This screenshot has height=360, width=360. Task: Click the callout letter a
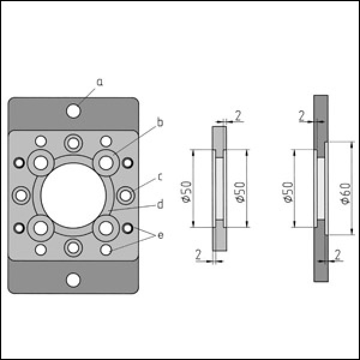(x=100, y=82)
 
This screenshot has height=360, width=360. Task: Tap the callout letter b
(x=160, y=122)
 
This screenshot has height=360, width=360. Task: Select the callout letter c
(x=160, y=177)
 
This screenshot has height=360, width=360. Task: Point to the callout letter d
(x=160, y=204)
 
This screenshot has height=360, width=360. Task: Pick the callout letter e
(x=161, y=235)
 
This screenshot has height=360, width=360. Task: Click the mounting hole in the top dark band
(x=73, y=111)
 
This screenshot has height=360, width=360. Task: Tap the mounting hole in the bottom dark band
(x=73, y=280)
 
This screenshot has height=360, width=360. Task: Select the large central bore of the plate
(x=73, y=196)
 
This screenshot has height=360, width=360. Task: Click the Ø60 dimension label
(x=346, y=194)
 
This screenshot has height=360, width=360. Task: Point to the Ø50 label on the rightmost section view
(x=289, y=192)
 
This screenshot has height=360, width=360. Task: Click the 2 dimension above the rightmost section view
(x=302, y=116)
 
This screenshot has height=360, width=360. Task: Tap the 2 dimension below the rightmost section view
(x=337, y=255)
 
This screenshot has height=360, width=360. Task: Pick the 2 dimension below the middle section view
(x=199, y=254)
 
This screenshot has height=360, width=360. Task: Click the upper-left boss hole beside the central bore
(x=41, y=163)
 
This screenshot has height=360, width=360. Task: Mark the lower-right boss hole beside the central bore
(x=106, y=228)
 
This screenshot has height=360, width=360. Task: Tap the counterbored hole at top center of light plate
(x=73, y=143)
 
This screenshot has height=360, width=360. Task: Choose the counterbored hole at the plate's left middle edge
(x=21, y=196)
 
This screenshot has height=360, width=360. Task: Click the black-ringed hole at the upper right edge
(x=128, y=163)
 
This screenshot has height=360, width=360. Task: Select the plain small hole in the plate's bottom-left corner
(x=41, y=250)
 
